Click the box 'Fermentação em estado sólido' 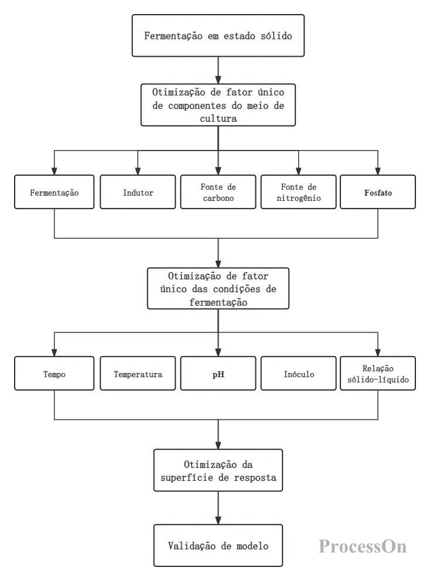coord(218,36)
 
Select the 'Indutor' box coord(138,192)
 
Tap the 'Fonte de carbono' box coord(218,192)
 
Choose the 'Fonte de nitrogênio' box coord(298,192)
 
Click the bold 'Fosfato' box coord(378,192)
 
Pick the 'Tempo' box coord(54,374)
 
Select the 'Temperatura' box coord(138,374)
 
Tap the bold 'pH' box coord(218,374)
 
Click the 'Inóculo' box coord(298,374)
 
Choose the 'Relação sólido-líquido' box coord(378,374)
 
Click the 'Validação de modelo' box coord(218,545)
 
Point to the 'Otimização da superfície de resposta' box coord(218,470)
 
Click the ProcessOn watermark coord(363,546)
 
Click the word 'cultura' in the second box coord(219,118)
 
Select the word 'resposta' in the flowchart coord(255,477)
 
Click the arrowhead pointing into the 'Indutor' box coord(138,171)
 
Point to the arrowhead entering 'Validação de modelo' coord(218,520)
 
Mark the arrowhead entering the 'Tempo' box coord(54,353)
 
